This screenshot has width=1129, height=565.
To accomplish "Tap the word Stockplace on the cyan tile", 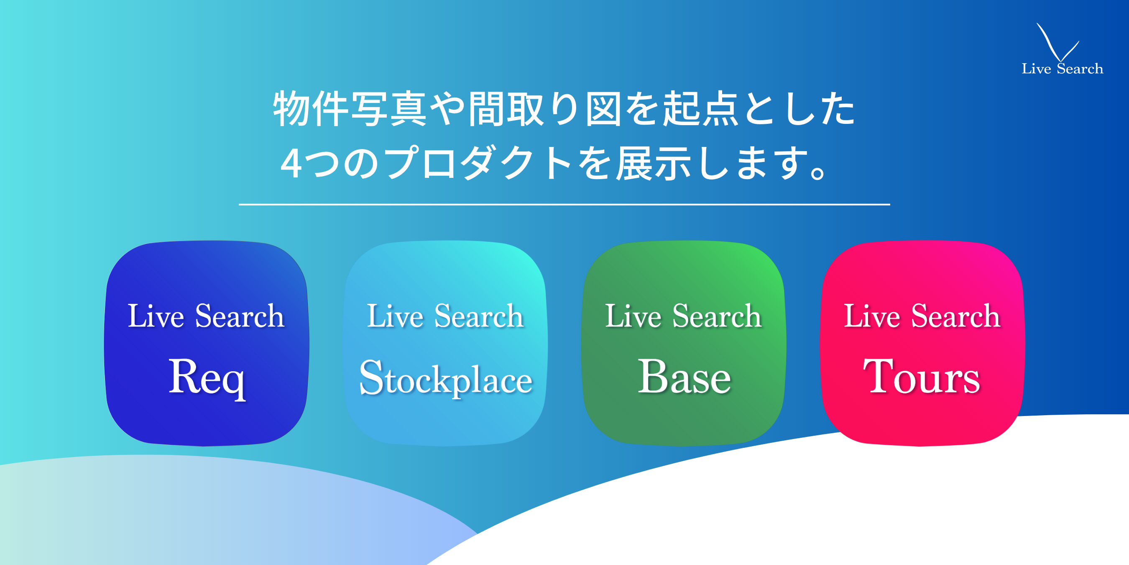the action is [446, 378].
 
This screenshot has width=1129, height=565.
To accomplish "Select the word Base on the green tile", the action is [684, 376].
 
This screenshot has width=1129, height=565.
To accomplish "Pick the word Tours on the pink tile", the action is [922, 376].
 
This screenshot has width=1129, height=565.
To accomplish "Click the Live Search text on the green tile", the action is [684, 316].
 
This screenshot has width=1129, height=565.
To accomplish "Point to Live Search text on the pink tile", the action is [922, 316].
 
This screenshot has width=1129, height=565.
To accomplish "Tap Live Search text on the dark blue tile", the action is [206, 316].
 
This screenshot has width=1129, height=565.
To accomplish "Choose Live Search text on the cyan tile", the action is [445, 316].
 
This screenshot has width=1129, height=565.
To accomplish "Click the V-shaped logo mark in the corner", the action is [1055, 43].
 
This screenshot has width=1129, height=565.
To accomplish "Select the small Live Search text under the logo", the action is [1063, 69].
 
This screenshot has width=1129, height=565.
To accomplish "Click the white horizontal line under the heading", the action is [564, 204].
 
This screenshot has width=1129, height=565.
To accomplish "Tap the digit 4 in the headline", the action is [291, 163].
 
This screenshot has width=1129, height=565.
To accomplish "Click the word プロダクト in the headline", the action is [480, 163].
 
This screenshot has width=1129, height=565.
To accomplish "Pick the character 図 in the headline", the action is [603, 109].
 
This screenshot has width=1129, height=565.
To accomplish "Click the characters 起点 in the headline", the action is [700, 109].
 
